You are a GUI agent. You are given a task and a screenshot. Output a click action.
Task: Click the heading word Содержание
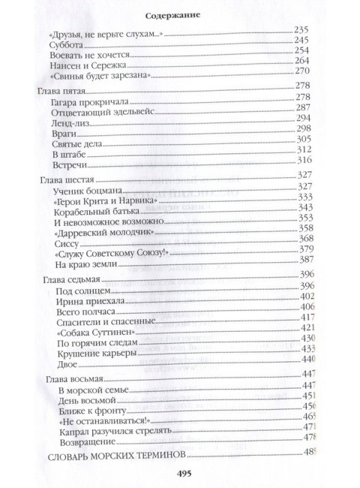(180, 14)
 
